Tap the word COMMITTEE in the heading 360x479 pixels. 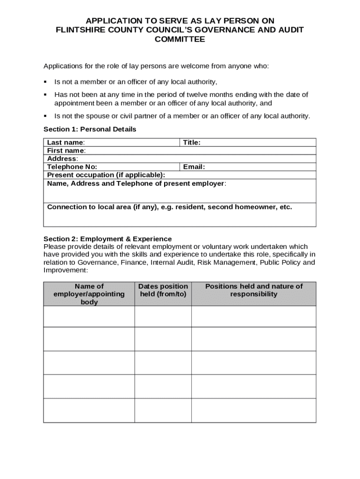point(180,39)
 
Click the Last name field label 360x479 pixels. point(66,142)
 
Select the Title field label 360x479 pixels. point(192,142)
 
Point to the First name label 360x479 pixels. point(66,151)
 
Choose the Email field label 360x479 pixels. point(194,167)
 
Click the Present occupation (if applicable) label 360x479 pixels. point(106,175)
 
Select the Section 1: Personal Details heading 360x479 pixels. point(90,129)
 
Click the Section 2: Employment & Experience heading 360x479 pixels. point(108,239)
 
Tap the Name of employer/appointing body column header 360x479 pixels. point(89,294)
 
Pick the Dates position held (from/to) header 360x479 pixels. point(163,290)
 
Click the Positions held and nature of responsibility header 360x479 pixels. point(254,290)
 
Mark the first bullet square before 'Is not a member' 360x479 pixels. point(45,82)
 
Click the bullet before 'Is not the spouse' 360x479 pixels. point(45,116)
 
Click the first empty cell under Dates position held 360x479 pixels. point(163,316)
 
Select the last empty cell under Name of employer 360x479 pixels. point(89,410)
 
